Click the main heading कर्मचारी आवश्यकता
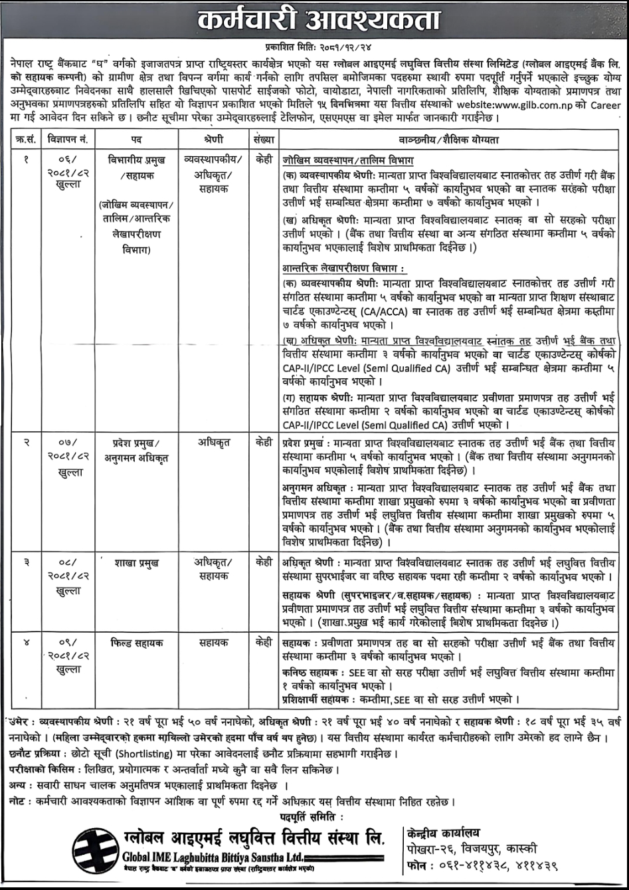[314, 21]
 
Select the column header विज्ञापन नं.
[68, 140]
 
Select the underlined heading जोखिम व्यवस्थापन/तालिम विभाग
[347, 161]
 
